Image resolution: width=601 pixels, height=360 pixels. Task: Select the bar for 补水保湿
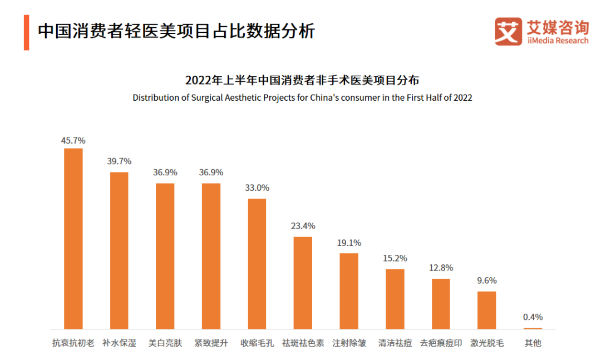(x=119, y=250)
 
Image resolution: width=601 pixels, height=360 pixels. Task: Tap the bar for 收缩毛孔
(x=257, y=264)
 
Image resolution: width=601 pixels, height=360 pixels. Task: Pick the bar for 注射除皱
(x=349, y=291)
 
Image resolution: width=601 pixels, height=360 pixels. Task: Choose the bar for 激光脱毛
(x=486, y=310)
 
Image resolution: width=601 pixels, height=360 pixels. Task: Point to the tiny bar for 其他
(x=533, y=328)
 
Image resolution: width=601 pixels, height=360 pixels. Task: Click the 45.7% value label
(x=73, y=141)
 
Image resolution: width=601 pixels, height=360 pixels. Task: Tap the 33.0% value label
(x=257, y=188)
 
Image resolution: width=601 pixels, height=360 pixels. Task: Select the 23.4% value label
(x=303, y=226)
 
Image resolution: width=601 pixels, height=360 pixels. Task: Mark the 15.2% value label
(x=395, y=258)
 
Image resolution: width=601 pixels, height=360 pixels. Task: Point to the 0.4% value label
(x=533, y=317)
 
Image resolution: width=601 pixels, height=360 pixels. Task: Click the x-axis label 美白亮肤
(x=165, y=343)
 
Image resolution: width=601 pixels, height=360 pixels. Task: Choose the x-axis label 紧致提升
(x=211, y=343)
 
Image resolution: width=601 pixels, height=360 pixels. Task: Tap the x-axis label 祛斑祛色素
(x=303, y=343)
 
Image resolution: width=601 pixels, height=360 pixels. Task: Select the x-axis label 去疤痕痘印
(x=441, y=343)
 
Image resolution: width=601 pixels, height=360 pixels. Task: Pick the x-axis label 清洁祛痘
(x=395, y=343)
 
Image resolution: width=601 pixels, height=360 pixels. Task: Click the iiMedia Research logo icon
(x=508, y=31)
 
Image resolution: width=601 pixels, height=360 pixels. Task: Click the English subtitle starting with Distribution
(x=302, y=97)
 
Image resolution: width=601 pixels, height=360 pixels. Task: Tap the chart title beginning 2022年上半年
(x=302, y=80)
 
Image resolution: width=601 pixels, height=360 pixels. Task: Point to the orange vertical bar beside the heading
(x=26, y=33)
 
